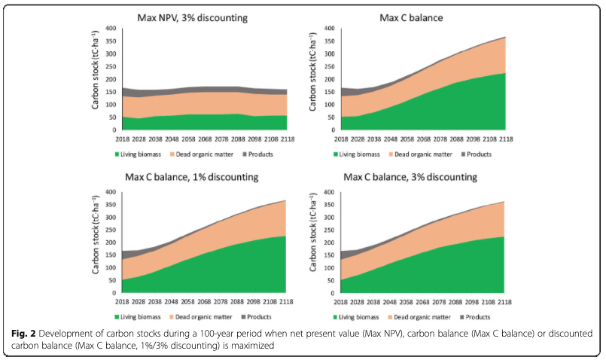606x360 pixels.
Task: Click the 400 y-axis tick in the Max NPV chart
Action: point(111,29)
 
